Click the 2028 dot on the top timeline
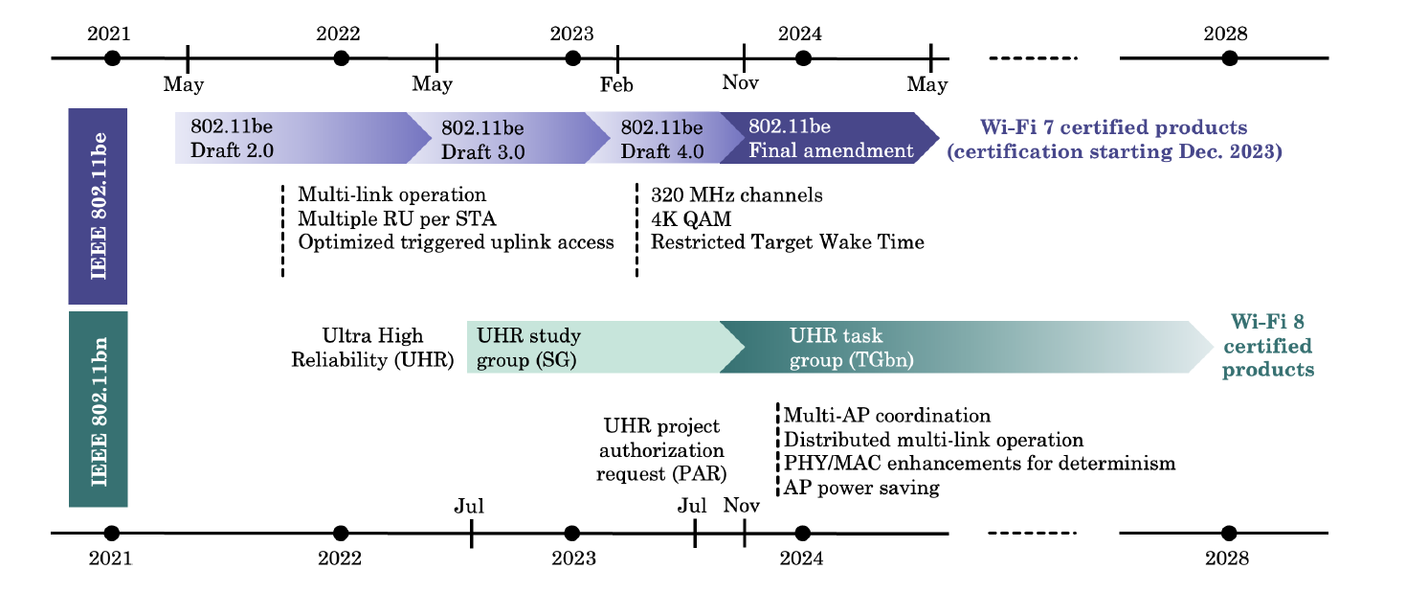click(x=1230, y=58)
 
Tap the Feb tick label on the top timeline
click(x=616, y=84)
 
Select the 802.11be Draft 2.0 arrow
click(x=303, y=138)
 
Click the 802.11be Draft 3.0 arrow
click(x=508, y=138)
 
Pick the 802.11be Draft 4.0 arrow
click(x=664, y=138)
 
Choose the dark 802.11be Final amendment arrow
click(x=829, y=138)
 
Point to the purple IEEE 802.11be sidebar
click(x=98, y=206)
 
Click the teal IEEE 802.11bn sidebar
click(x=98, y=409)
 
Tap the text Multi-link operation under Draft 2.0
click(x=391, y=194)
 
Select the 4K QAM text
click(x=691, y=218)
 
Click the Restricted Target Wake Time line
click(x=787, y=242)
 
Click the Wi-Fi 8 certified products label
click(x=1268, y=346)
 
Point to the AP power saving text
click(x=861, y=488)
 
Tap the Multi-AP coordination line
click(x=887, y=416)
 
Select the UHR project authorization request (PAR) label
click(x=661, y=449)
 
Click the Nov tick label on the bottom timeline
click(x=742, y=505)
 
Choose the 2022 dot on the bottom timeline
click(x=341, y=534)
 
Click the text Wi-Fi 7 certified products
click(x=1113, y=127)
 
